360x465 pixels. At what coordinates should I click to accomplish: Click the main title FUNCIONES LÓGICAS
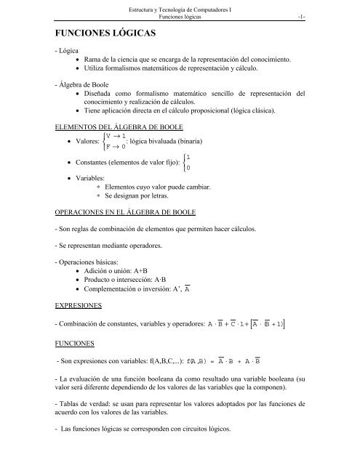point(111,34)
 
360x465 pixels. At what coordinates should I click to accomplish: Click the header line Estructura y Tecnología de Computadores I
point(180,8)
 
